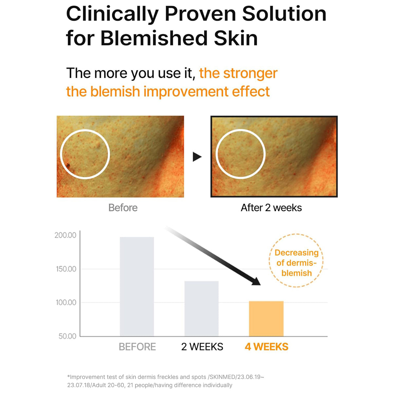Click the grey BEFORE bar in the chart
tap(137, 287)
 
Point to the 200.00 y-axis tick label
tap(65, 235)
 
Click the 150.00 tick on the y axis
tap(65, 269)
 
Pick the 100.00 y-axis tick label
tap(66, 302)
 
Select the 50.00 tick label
tap(67, 336)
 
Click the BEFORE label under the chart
tap(137, 347)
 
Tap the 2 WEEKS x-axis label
tap(202, 347)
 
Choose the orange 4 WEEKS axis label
tap(267, 347)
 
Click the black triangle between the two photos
tap(197, 157)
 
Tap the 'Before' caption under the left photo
tap(123, 208)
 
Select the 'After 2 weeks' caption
tap(271, 208)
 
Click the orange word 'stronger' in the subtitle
tap(251, 73)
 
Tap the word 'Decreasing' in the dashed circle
tap(296, 253)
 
